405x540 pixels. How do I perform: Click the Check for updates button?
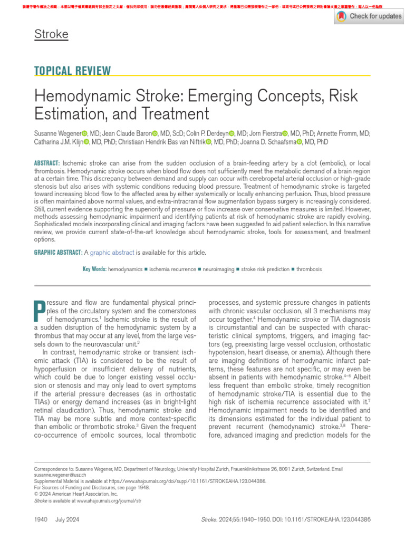[369, 16]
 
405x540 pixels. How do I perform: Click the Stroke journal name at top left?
[51, 35]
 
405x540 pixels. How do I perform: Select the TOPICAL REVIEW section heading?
[72, 71]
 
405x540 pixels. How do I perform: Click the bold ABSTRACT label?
[46, 163]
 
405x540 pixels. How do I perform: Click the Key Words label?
[94, 269]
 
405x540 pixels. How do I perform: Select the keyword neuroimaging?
[218, 269]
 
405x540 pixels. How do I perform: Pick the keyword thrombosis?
[309, 269]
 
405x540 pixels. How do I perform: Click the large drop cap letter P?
[39, 311]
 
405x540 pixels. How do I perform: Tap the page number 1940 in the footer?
[41, 519]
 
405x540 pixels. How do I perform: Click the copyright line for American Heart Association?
[76, 494]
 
